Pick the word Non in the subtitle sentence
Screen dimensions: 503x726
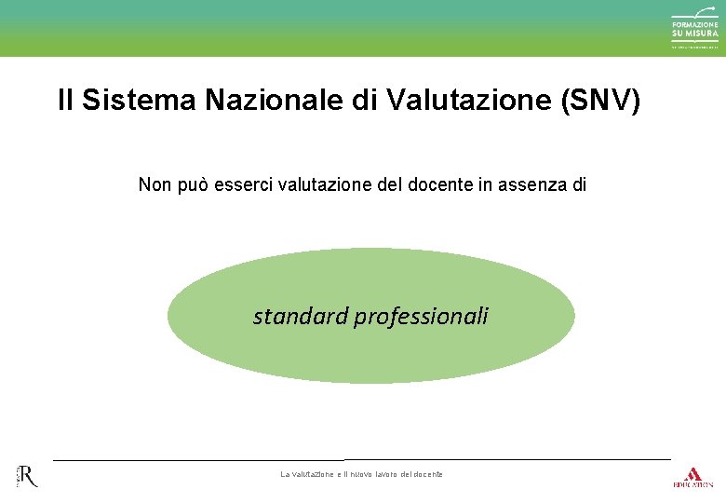(x=155, y=184)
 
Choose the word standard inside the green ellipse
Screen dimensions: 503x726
(x=300, y=317)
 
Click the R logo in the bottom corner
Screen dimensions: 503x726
(x=27, y=476)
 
